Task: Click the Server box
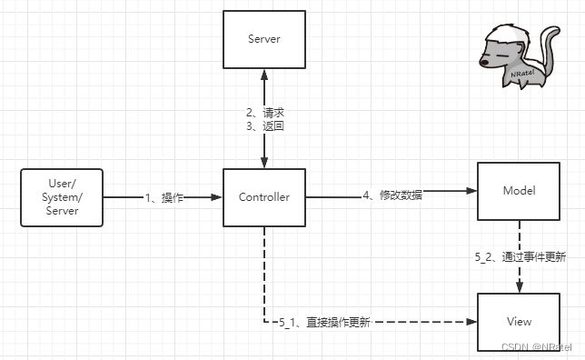pos(263,38)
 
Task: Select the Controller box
pos(263,197)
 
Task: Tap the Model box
pos(519,191)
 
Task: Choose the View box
pos(519,322)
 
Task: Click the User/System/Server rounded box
pos(62,197)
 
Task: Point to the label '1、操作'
pos(164,197)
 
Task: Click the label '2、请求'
pos(266,114)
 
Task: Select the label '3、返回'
pos(266,127)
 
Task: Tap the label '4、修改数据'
pos(392,194)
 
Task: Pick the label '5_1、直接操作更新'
pos(324,323)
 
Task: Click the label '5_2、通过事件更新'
pos(520,257)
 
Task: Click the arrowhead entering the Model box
pos(472,191)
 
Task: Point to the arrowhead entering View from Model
pos(519,287)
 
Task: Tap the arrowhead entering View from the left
pos(472,322)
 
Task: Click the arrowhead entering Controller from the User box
pos(218,197)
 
